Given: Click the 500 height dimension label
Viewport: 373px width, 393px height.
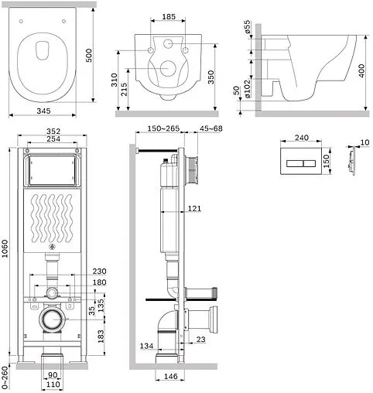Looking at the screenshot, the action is (88, 55).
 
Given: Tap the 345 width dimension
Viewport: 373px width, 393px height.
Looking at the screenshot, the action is (43, 111).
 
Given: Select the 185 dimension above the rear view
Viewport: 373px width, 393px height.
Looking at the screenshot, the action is (169, 17).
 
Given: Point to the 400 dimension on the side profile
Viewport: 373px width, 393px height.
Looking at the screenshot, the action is (362, 70).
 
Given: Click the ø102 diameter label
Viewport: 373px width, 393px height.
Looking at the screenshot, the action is (247, 89).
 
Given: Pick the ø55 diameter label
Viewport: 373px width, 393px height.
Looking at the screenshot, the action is (247, 27).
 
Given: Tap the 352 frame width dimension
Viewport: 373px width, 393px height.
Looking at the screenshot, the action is (53, 132).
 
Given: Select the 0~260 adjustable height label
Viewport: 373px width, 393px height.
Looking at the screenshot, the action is (5, 378).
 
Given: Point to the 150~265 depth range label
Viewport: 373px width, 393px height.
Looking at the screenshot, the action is (163, 128).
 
